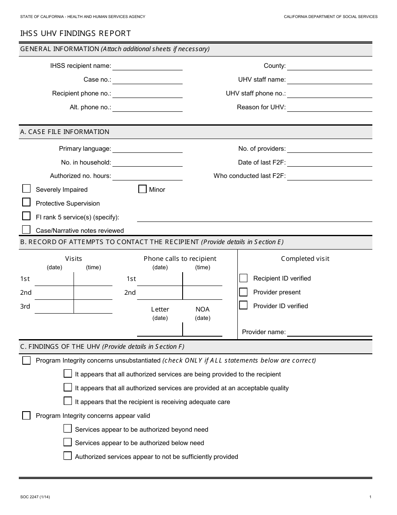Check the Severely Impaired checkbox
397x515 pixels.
(26, 189)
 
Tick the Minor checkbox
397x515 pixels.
(142, 189)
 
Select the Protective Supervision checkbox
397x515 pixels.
(26, 203)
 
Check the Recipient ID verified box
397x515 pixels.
(243, 278)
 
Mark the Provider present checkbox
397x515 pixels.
(243, 292)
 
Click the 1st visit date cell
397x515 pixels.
(54, 279)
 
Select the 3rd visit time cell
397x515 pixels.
(93, 306)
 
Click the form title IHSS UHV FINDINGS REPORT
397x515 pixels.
(76, 33)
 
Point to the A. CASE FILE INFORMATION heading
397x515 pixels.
(65, 132)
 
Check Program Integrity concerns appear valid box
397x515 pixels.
(26, 415)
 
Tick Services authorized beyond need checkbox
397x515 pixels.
(68, 429)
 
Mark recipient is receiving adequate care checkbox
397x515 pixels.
(68, 401)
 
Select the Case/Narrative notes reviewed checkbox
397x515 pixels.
(26, 230)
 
